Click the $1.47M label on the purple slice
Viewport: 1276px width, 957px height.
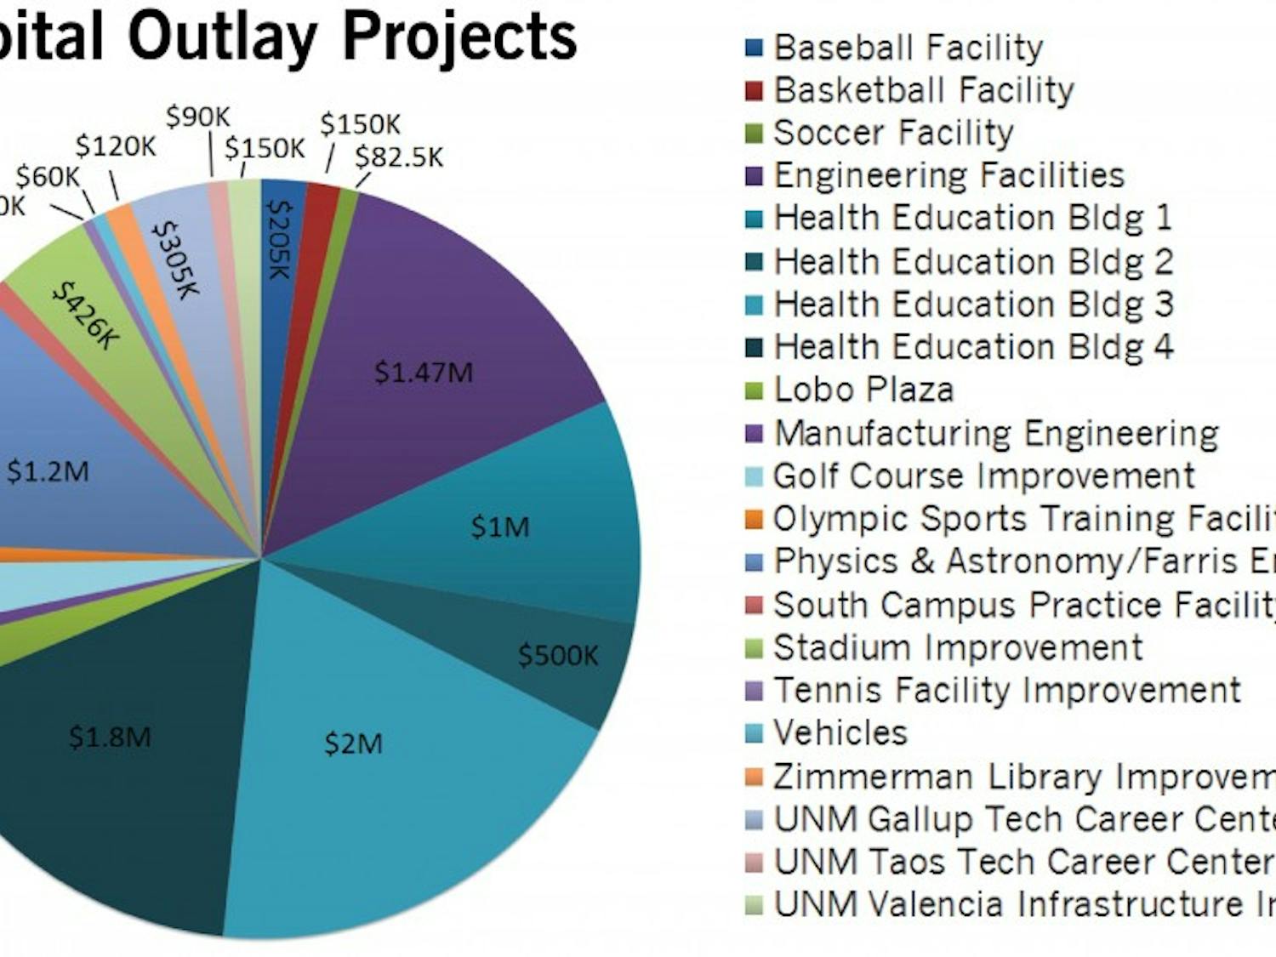point(423,373)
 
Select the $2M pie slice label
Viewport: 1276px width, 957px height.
point(353,743)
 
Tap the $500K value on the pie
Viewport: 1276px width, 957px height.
point(558,655)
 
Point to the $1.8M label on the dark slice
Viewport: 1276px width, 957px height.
point(110,737)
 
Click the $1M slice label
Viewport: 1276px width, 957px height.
point(500,527)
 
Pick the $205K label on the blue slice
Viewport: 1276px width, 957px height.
point(280,240)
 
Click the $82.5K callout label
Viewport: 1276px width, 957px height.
point(398,157)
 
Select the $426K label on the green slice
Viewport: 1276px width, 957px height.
point(86,316)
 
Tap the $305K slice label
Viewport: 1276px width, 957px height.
point(174,260)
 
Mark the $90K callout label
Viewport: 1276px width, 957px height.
point(197,117)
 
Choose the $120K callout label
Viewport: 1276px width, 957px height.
point(116,146)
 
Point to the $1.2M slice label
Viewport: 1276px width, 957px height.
point(48,471)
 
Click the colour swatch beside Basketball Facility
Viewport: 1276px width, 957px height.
point(754,90)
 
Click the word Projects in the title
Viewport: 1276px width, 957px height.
point(459,36)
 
